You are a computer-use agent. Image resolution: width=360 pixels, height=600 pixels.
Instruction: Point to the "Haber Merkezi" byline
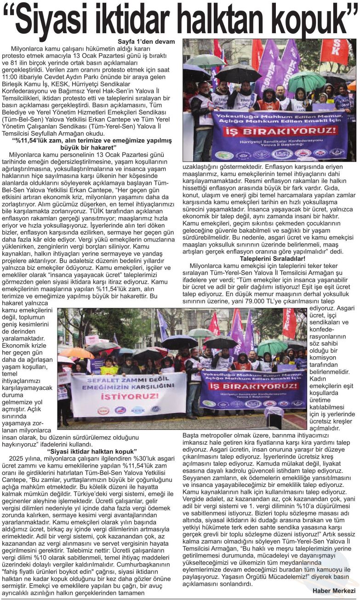click(x=333, y=591)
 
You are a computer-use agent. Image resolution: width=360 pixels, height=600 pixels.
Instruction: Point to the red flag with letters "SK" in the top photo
click(x=335, y=51)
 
